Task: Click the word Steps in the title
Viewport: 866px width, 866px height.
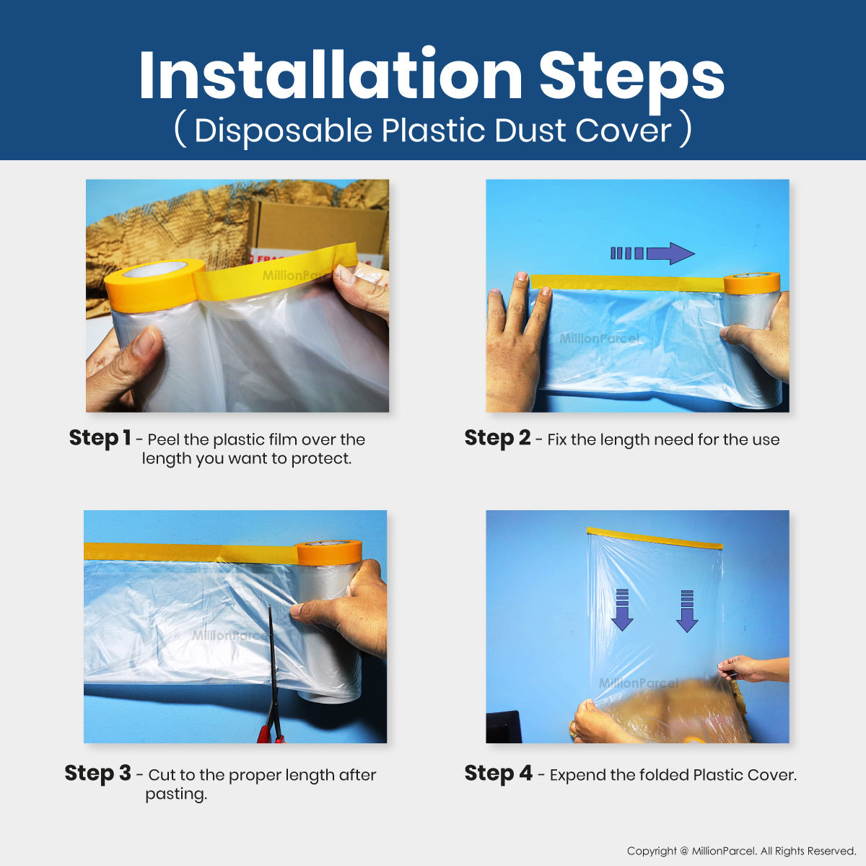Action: click(x=631, y=81)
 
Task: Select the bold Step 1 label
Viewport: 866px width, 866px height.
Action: click(x=100, y=438)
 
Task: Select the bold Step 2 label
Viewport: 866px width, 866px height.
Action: click(x=497, y=438)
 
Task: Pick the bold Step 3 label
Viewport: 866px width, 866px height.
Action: click(x=97, y=774)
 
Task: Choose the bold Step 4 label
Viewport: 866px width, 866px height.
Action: click(x=499, y=774)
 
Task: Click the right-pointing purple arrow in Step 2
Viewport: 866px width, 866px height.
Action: click(x=652, y=253)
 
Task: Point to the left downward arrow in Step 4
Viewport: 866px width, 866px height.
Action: click(x=622, y=611)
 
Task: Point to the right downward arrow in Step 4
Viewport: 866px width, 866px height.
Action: click(x=687, y=611)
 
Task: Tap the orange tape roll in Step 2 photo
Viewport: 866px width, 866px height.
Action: click(x=751, y=283)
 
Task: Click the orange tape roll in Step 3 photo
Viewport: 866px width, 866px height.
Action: click(x=328, y=553)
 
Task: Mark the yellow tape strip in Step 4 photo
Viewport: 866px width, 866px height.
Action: click(x=655, y=538)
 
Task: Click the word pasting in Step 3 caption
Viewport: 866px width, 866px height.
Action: click(x=175, y=795)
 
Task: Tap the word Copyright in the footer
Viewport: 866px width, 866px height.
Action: click(x=652, y=851)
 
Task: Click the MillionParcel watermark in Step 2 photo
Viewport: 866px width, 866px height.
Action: click(x=599, y=338)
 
